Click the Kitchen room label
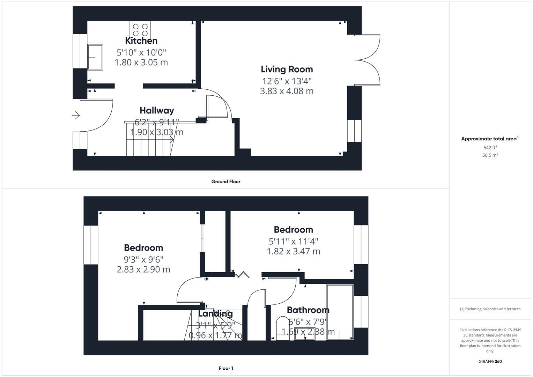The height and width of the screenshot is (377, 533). tap(141, 41)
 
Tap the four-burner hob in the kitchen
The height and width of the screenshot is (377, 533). tap(140, 30)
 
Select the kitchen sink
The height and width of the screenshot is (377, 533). tap(95, 57)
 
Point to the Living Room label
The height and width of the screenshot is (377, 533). tap(287, 69)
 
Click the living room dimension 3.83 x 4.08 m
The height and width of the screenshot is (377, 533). tap(287, 91)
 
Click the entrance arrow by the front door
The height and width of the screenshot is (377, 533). tap(76, 115)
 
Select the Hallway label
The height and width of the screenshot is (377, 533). tap(157, 110)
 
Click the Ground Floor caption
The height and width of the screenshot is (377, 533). tap(225, 182)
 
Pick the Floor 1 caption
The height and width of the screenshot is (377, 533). tap(225, 368)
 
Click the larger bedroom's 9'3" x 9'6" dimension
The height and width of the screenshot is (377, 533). tap(143, 259)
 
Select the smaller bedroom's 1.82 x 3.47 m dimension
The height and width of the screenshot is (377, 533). tap(293, 251)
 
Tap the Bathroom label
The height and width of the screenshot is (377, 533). tap(308, 310)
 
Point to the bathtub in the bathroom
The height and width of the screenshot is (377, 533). tap(340, 311)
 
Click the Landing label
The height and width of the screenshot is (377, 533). tap(215, 313)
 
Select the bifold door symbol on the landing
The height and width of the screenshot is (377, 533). tap(242, 275)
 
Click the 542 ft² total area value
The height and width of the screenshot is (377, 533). tap(490, 148)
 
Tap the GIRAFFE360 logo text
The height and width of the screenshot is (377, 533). tap(490, 361)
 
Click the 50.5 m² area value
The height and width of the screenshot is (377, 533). tap(490, 155)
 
